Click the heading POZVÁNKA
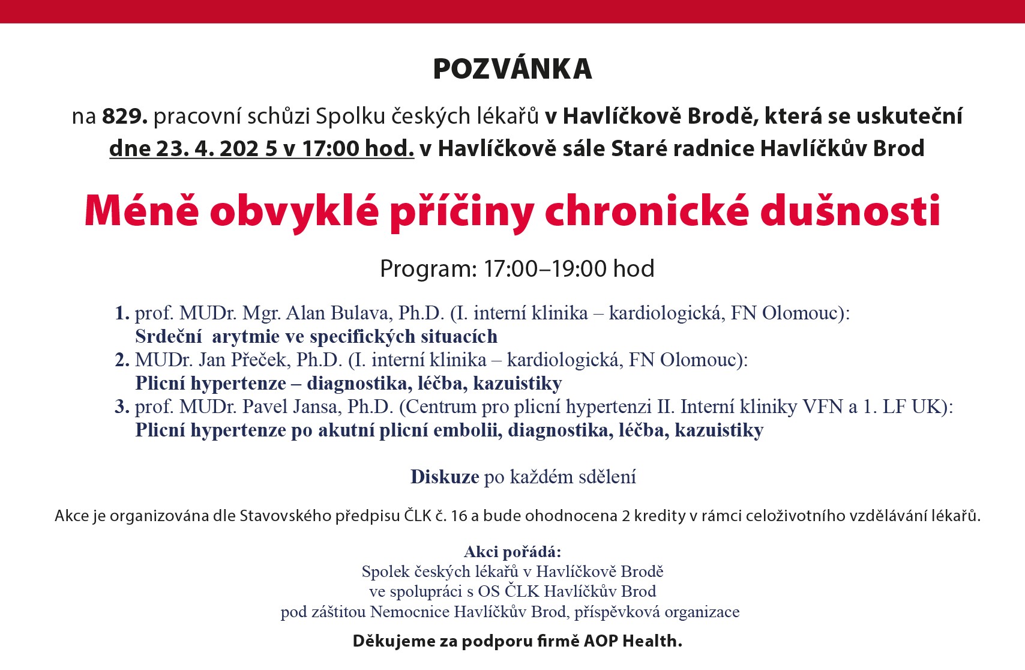click(x=512, y=69)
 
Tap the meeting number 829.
click(x=124, y=116)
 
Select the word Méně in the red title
click(x=142, y=211)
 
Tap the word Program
click(x=427, y=268)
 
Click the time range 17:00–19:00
click(x=546, y=268)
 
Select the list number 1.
click(x=122, y=313)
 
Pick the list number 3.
click(x=122, y=406)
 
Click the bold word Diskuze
click(x=445, y=477)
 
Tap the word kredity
click(x=660, y=516)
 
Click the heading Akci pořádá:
click(x=512, y=552)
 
